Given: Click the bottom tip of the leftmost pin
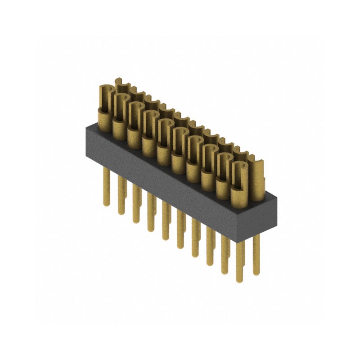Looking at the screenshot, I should pyautogui.click(x=107, y=204).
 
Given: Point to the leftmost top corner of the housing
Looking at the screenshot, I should pyautogui.click(x=86, y=129).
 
